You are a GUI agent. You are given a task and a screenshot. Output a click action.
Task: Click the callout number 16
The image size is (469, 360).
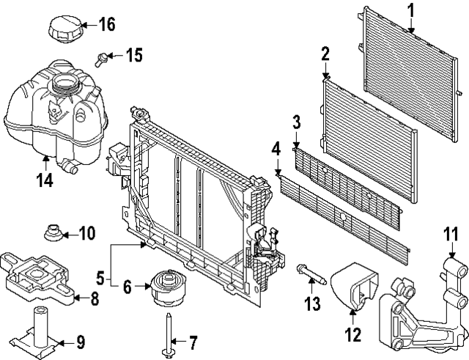click(x=106, y=24)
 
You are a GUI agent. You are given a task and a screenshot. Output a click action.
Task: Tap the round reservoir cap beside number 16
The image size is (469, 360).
click(x=65, y=30)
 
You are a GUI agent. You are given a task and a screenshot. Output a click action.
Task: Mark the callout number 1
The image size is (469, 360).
click(x=410, y=10)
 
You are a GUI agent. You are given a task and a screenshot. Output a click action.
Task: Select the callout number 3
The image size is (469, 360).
click(x=296, y=122)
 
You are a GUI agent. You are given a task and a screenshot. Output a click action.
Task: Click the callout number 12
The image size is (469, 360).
click(x=353, y=335)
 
